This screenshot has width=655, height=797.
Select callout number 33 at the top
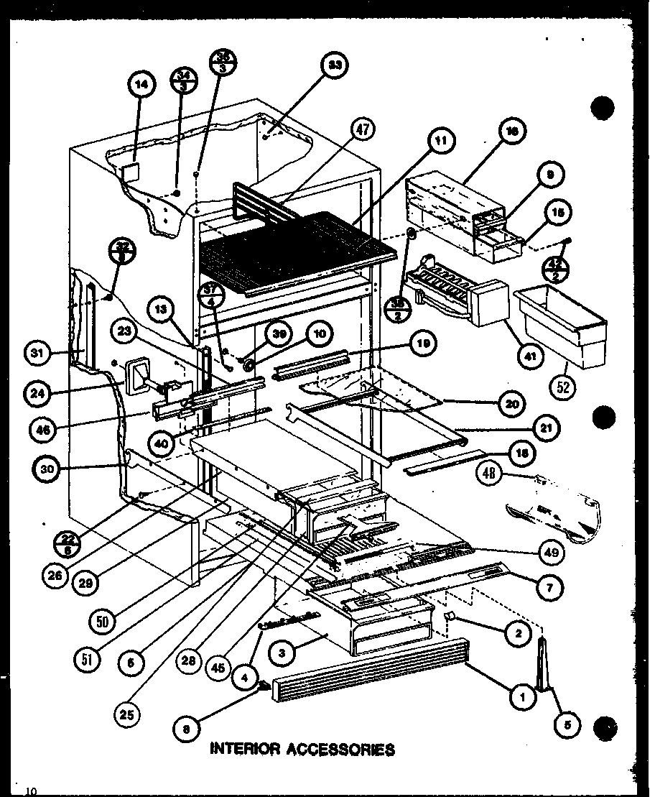click(x=334, y=66)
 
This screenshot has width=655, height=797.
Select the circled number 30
click(x=46, y=469)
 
